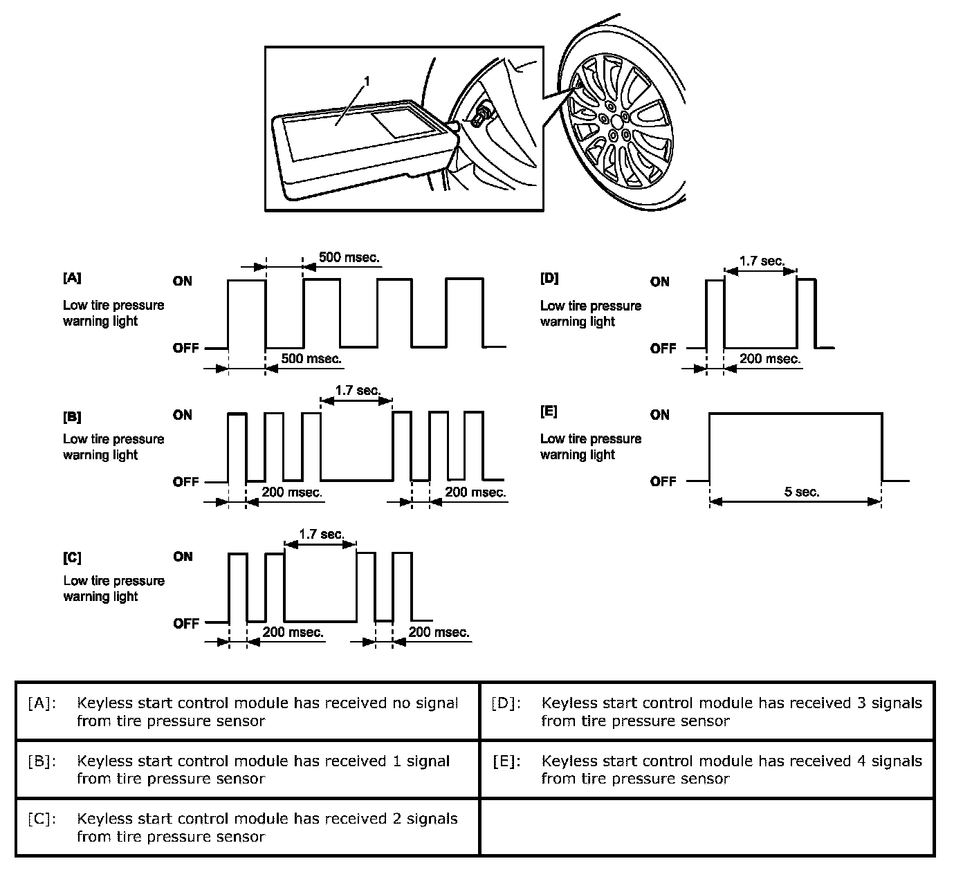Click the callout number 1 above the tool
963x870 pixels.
[x=367, y=82]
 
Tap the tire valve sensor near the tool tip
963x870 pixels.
[x=480, y=114]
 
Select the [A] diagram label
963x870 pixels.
[x=72, y=278]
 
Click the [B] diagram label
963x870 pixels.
[x=72, y=417]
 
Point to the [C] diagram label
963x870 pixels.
[x=72, y=558]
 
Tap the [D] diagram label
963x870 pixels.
[x=549, y=279]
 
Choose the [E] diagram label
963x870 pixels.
[x=549, y=412]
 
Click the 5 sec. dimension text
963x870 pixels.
[x=802, y=492]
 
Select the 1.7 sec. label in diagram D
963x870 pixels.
[x=762, y=261]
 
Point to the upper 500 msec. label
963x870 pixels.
[x=349, y=258]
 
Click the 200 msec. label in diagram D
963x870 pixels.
[x=770, y=359]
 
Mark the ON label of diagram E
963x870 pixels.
[x=660, y=415]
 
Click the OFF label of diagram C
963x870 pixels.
[x=185, y=624]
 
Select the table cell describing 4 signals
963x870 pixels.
[x=707, y=769]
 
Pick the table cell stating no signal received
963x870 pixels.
[x=248, y=712]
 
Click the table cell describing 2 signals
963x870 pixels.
[x=248, y=827]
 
